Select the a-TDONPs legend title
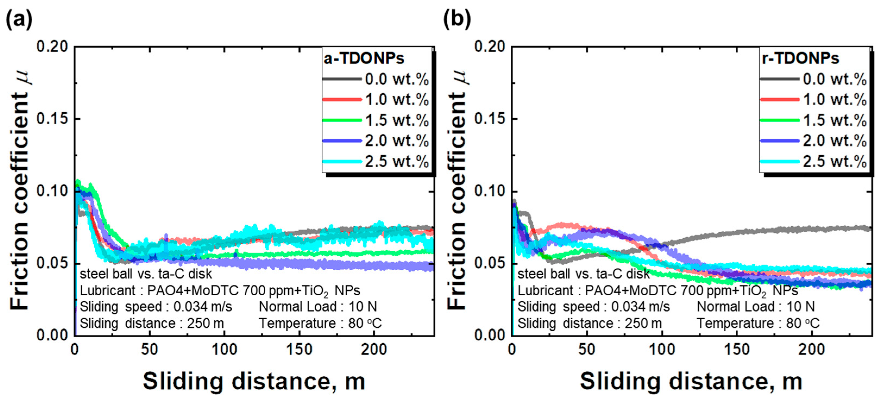point(364,59)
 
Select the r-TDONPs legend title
point(801,59)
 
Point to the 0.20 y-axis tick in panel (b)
point(490,46)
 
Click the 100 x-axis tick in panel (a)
point(224,350)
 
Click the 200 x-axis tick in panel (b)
point(812,350)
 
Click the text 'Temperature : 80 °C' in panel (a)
point(320,323)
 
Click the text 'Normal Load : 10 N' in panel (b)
point(756,307)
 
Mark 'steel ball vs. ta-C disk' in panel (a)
point(146,274)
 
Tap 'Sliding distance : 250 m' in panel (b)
point(589,323)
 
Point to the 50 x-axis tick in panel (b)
point(587,350)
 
